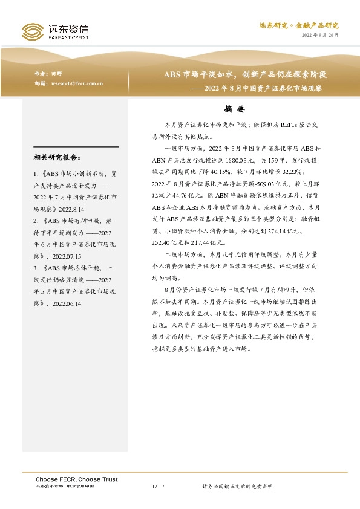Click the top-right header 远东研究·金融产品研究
298,25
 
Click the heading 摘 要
233,110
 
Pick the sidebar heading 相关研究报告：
57,158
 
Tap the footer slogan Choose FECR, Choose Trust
76,479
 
